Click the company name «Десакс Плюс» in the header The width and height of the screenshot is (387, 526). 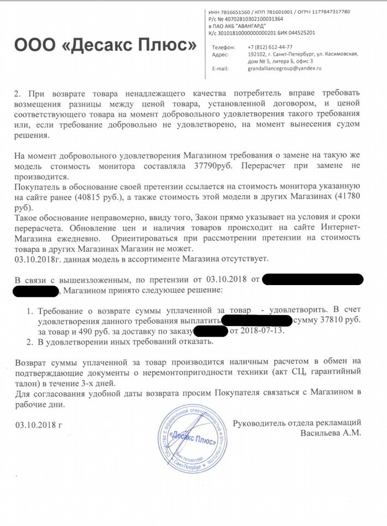[x=105, y=45]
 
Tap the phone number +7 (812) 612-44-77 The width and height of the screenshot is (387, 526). [x=270, y=47]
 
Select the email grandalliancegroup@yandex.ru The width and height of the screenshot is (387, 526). [x=284, y=69]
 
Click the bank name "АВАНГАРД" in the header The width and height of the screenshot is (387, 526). [x=255, y=26]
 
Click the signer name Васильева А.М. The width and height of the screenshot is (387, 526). [x=331, y=433]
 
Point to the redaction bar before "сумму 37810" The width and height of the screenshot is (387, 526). [x=257, y=320]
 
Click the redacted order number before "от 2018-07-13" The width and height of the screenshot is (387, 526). [x=211, y=332]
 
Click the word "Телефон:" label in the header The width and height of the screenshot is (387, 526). [x=223, y=47]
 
